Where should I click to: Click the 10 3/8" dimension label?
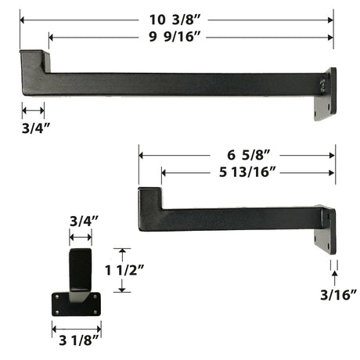click(x=175, y=20)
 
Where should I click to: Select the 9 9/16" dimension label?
click(x=175, y=37)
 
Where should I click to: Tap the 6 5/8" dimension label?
click(x=248, y=155)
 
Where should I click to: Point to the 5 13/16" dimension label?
click(x=247, y=172)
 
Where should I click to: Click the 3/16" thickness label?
click(x=338, y=295)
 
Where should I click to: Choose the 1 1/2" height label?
click(x=124, y=270)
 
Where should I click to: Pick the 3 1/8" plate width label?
click(x=79, y=340)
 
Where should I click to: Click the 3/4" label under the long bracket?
click(x=36, y=128)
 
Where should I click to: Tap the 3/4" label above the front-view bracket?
click(x=84, y=221)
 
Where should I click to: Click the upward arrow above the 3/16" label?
click(x=335, y=278)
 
